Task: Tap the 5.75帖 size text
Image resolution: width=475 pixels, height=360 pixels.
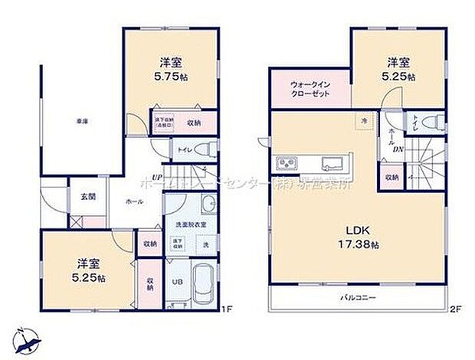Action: click(x=169, y=77)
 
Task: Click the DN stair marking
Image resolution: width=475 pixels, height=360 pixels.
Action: click(x=399, y=150)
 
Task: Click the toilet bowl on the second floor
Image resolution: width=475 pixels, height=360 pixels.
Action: click(x=432, y=121)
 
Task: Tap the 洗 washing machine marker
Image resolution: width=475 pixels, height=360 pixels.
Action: click(x=205, y=244)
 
